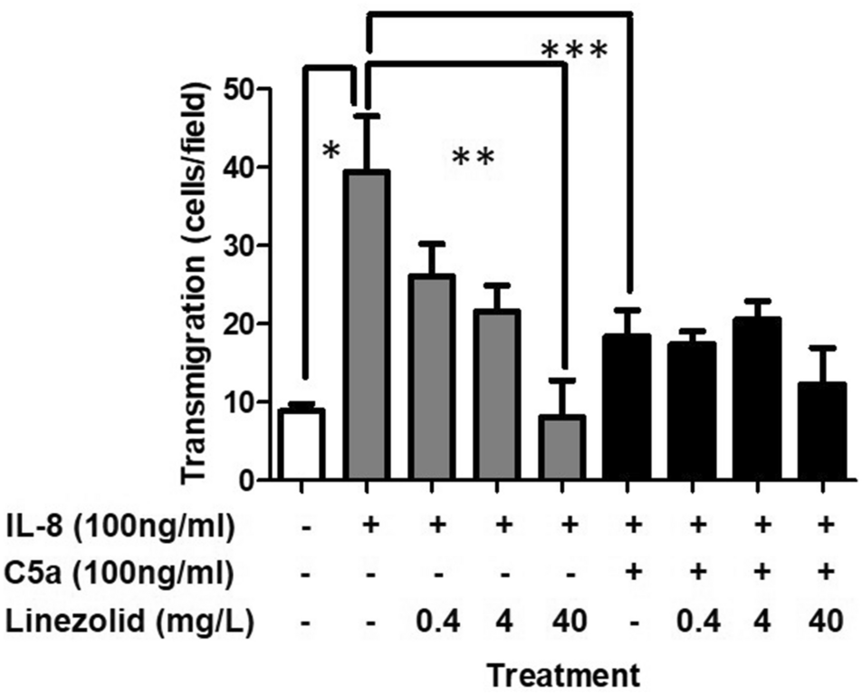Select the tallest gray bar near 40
point(367,325)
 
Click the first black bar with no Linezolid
point(627,408)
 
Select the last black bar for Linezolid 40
point(823,431)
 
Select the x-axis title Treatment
point(561,674)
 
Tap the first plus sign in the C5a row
point(627,574)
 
